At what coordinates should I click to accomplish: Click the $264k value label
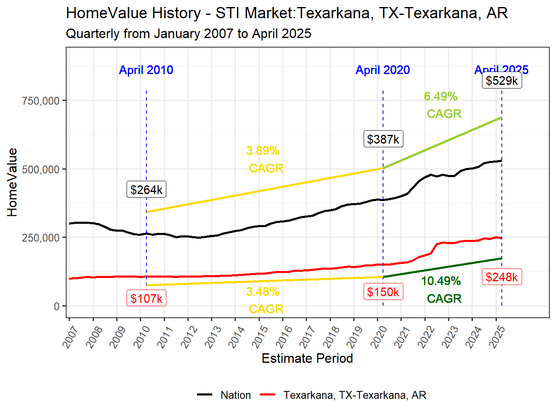[x=146, y=189]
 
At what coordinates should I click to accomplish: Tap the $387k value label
[x=383, y=139]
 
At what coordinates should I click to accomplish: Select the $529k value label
[x=501, y=80]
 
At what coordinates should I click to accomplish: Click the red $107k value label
[x=146, y=298]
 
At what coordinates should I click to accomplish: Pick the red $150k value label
[x=383, y=292]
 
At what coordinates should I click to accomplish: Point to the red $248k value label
[x=501, y=277]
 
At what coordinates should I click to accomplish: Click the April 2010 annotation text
[x=146, y=70]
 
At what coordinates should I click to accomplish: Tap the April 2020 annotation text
[x=383, y=70]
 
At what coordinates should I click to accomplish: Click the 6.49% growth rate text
[x=441, y=96]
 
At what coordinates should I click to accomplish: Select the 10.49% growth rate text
[x=441, y=281]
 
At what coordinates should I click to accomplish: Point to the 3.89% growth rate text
[x=263, y=151]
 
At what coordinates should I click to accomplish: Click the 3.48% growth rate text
[x=263, y=292]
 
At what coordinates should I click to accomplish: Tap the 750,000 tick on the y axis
[x=41, y=101]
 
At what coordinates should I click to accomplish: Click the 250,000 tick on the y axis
[x=41, y=238]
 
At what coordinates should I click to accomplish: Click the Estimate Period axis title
[x=307, y=358]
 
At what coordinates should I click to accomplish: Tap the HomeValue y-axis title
[x=12, y=182]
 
